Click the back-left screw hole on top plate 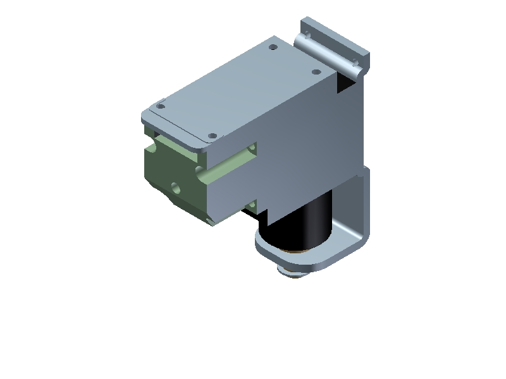click(273, 47)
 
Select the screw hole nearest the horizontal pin click(316, 72)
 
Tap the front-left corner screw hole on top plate click(161, 106)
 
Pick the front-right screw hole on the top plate click(213, 136)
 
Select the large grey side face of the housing click(310, 152)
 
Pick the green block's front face click(171, 177)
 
